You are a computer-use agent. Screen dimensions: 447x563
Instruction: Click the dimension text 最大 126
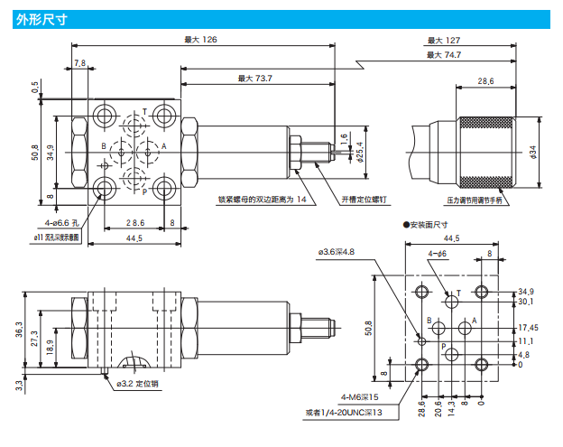tap(201, 39)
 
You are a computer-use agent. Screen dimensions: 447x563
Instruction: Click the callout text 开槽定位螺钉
tap(363, 199)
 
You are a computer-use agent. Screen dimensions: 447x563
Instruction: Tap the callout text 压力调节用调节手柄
tap(476, 198)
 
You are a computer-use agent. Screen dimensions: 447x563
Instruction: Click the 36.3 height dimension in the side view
tap(18, 331)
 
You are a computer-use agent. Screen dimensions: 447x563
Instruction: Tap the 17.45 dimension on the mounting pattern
tap(529, 328)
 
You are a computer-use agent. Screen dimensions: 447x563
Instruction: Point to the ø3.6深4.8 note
tap(340, 252)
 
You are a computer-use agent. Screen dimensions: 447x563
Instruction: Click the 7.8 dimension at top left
tap(79, 63)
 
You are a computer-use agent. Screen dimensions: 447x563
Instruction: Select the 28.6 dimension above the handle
tap(485, 81)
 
